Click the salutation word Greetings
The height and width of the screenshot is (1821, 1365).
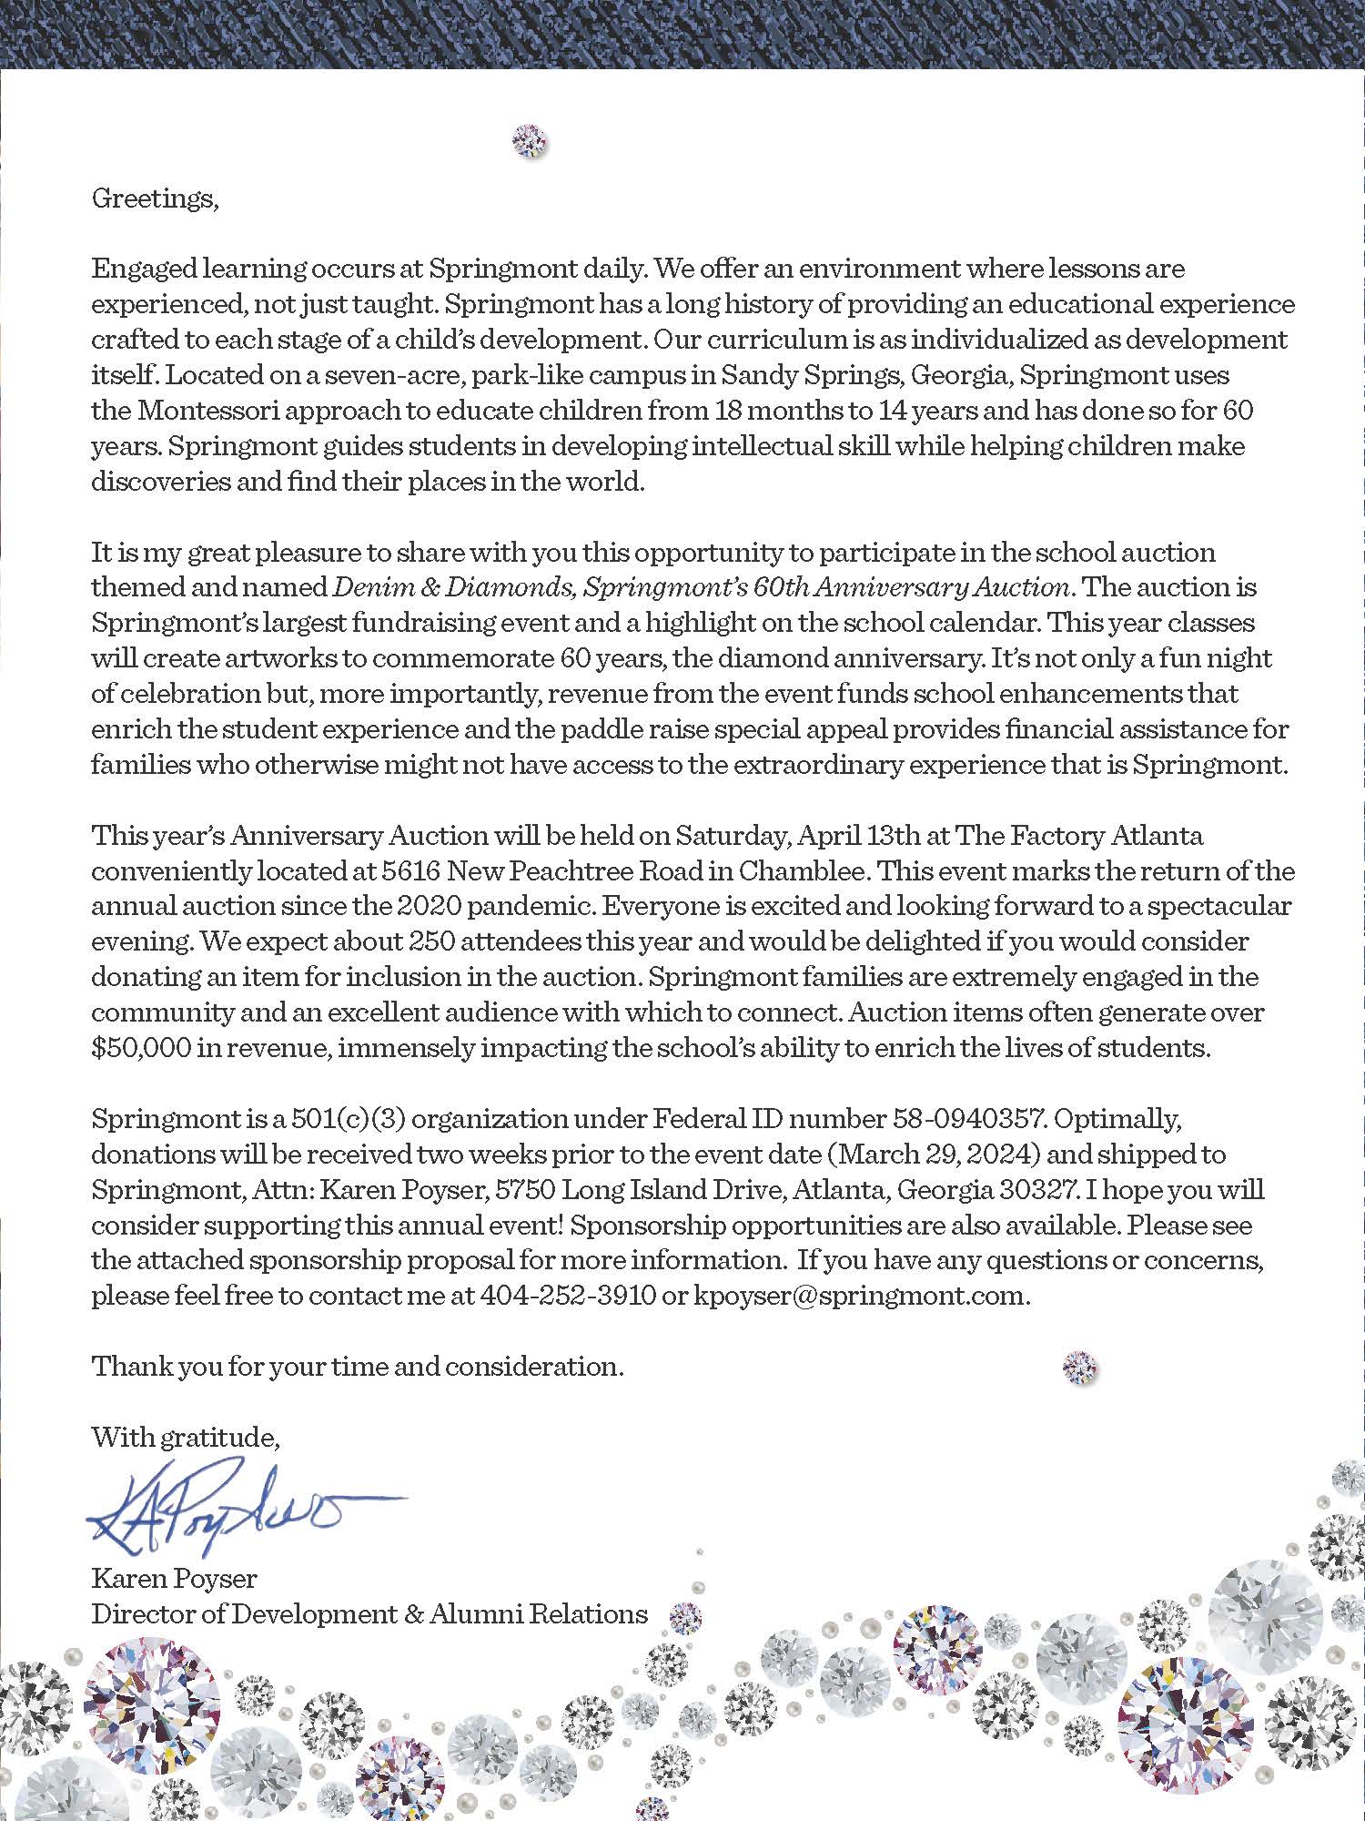(155, 198)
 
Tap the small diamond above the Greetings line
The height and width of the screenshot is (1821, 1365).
(530, 141)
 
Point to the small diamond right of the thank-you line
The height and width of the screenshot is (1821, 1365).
(1079, 1367)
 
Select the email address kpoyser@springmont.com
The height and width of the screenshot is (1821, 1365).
(861, 1296)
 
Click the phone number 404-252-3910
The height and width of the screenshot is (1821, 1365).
(567, 1296)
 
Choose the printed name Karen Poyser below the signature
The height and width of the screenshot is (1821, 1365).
(174, 1578)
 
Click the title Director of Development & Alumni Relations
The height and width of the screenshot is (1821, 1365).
(369, 1613)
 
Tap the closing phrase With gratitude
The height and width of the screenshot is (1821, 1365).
(185, 1438)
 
